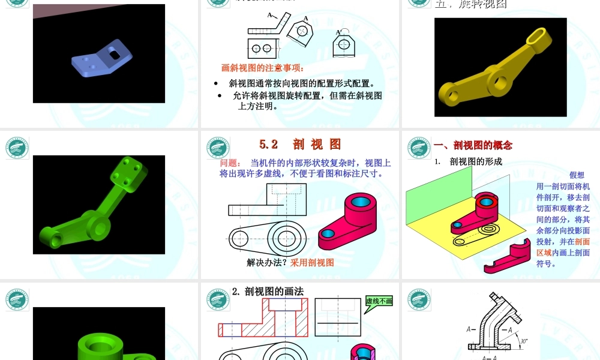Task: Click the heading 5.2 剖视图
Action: (300, 144)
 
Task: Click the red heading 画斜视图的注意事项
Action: (262, 68)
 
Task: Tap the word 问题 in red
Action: (230, 163)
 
